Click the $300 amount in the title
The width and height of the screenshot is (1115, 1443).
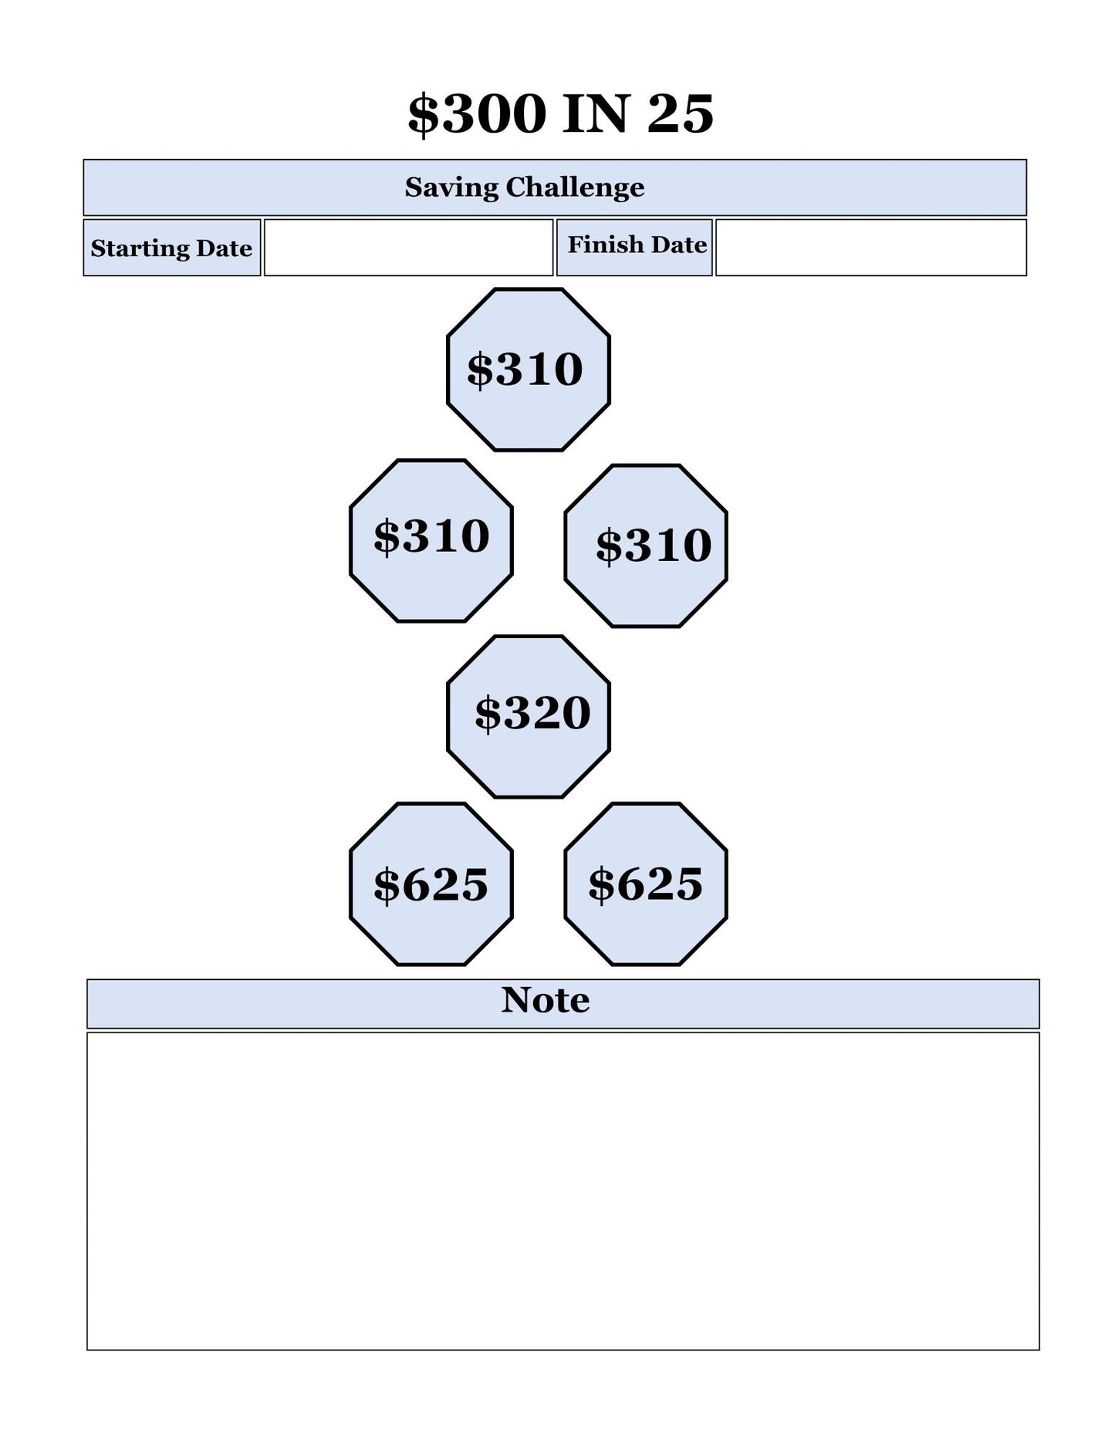coord(477,113)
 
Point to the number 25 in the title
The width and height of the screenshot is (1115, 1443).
coord(680,113)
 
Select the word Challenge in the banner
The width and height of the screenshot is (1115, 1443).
coord(575,188)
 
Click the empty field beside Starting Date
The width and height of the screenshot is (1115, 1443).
coord(408,248)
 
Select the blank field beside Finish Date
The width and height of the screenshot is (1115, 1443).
coord(870,248)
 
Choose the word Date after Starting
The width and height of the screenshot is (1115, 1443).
coord(224,248)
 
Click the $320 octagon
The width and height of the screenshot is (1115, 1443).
coord(529,717)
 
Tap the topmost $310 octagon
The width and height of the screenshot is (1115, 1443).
coord(529,370)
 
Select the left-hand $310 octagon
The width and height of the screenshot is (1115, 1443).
coord(431,541)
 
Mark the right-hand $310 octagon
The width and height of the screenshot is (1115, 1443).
coord(646,546)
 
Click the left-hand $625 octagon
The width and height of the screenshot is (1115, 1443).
coord(431,884)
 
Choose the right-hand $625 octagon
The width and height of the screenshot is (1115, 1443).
coord(646,884)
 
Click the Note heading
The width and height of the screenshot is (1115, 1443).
coord(546,1000)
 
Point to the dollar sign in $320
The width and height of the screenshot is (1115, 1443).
coord(488,714)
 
